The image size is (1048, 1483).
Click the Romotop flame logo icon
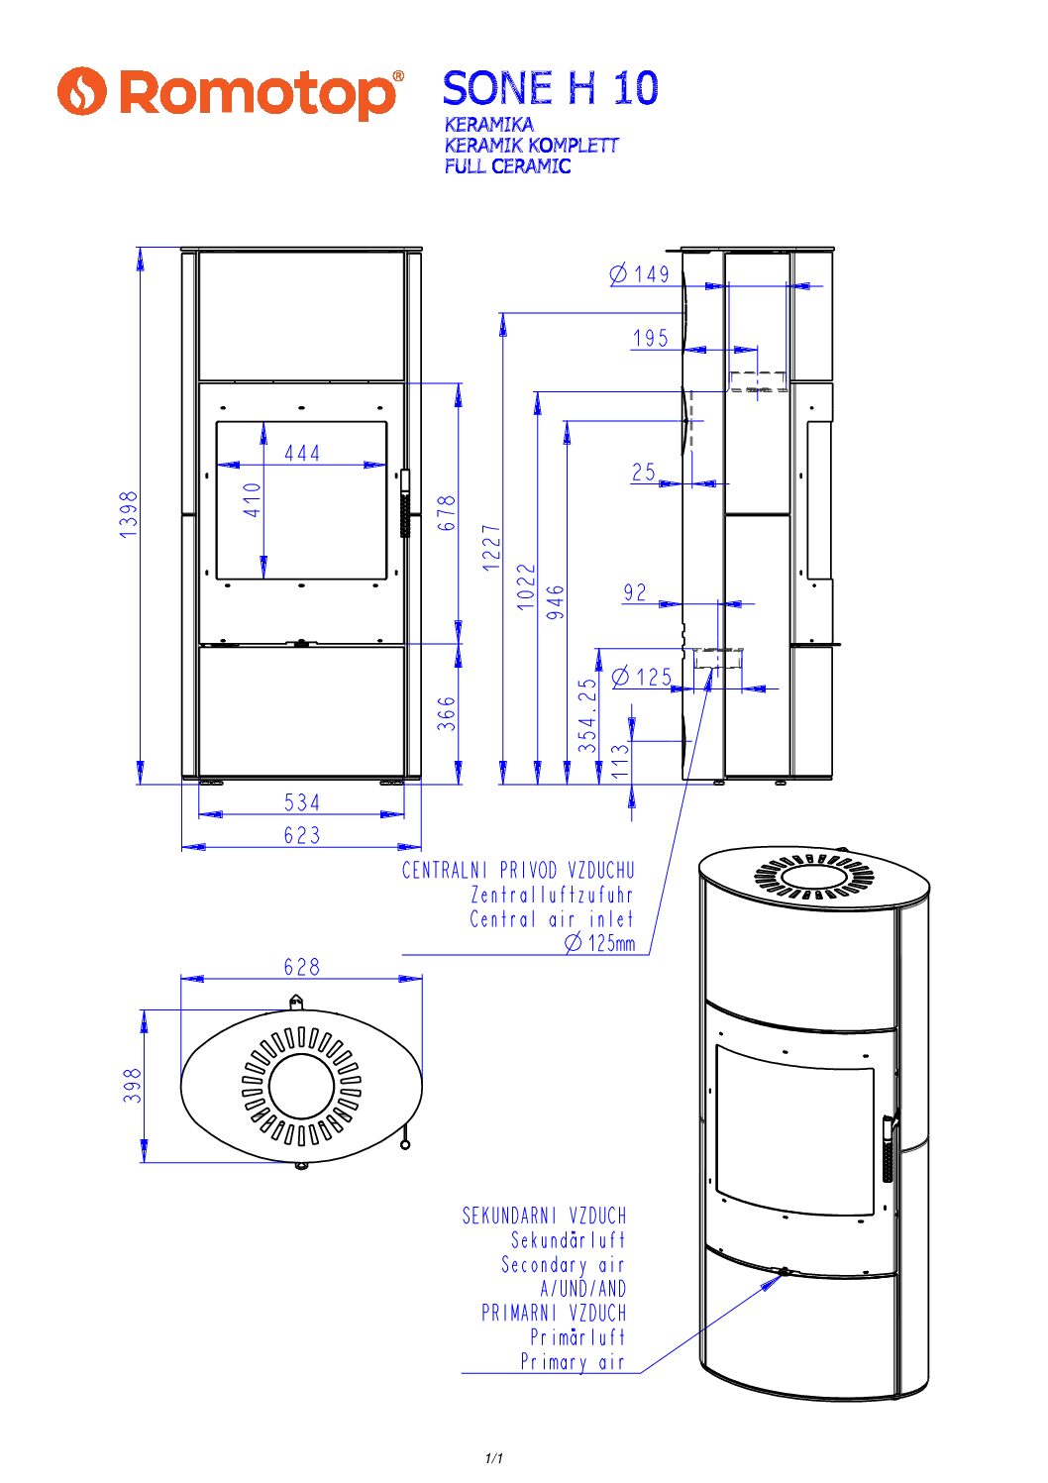click(x=81, y=91)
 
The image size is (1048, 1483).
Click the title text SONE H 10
click(x=550, y=88)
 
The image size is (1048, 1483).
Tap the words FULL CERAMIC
click(x=507, y=166)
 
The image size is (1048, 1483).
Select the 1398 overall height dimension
click(x=129, y=515)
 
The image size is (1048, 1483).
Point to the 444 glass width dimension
click(x=302, y=453)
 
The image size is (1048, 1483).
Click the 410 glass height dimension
click(x=253, y=499)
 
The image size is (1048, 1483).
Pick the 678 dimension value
click(x=448, y=513)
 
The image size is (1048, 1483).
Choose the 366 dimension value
click(x=448, y=713)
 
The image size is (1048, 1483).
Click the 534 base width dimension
click(x=302, y=802)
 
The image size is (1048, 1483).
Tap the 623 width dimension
click(x=302, y=835)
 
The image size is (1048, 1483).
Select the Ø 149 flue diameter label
click(x=640, y=273)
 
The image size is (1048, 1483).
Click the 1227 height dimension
click(x=492, y=548)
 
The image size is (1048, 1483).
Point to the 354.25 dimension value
click(x=589, y=715)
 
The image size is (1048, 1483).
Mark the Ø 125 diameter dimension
click(x=642, y=678)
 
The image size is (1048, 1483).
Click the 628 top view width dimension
click(x=302, y=967)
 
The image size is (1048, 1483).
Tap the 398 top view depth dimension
click(x=133, y=1086)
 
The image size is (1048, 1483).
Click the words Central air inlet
click(x=551, y=919)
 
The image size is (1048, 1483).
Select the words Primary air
click(x=573, y=1362)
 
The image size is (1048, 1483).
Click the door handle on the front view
click(x=405, y=503)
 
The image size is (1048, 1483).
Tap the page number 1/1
click(x=494, y=1458)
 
